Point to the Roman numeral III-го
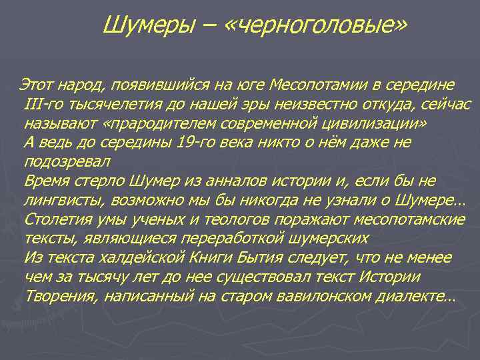click(41, 105)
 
